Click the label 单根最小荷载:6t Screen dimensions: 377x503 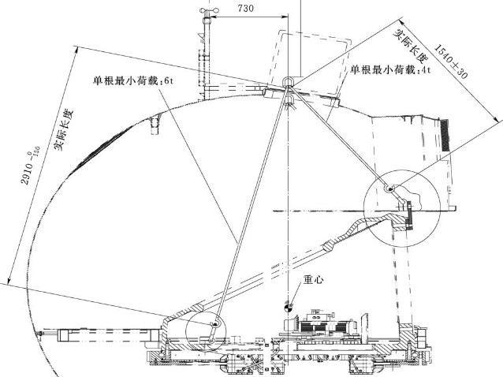[126, 80]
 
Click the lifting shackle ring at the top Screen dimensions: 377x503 [287, 82]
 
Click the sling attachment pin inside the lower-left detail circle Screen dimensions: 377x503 [215, 323]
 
